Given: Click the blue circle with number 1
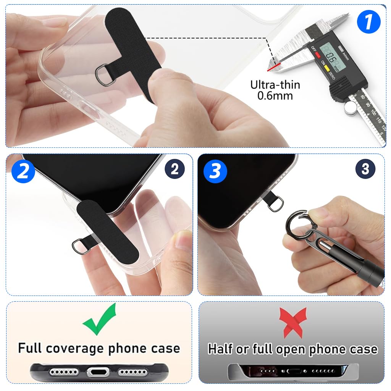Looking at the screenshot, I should point(368,22).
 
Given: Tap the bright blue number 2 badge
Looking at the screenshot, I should point(23,171).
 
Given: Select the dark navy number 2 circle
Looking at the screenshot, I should point(174,169).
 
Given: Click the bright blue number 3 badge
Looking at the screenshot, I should point(215,171).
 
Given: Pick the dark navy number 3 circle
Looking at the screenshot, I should point(365,169).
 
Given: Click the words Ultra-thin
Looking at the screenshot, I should point(275,84).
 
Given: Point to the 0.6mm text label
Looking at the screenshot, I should point(275,95).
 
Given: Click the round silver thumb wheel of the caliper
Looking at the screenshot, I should point(351,108).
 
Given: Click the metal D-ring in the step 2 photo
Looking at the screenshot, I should point(79,245).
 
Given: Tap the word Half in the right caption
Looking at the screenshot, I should point(220,349).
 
